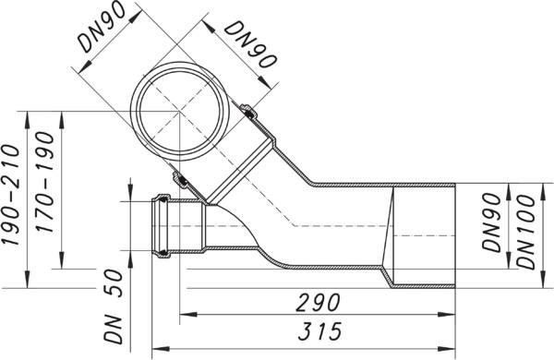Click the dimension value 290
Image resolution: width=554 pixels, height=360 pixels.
[318, 303]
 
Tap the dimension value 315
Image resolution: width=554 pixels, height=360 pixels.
[320, 331]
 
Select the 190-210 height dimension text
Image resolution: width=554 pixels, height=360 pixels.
[10, 195]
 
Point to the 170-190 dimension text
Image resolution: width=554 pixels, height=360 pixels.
[45, 182]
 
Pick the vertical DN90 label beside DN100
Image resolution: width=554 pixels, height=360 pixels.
[492, 222]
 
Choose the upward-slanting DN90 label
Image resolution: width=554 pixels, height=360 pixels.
[102, 27]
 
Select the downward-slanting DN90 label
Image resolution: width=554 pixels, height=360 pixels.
[250, 44]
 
